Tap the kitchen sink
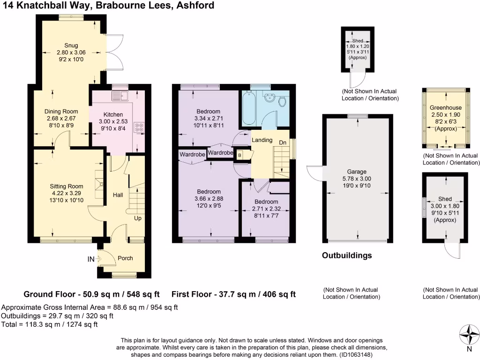[x=121, y=97]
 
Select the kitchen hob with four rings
[x=139, y=127]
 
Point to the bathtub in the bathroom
[x=248, y=107]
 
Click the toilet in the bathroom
[x=282, y=101]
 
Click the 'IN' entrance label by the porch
[x=90, y=258]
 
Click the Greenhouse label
[x=446, y=107]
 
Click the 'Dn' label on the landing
[x=283, y=142]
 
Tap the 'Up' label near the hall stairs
[x=138, y=218]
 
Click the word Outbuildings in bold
[x=347, y=255]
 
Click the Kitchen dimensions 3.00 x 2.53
[x=113, y=121]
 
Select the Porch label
[x=125, y=258]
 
